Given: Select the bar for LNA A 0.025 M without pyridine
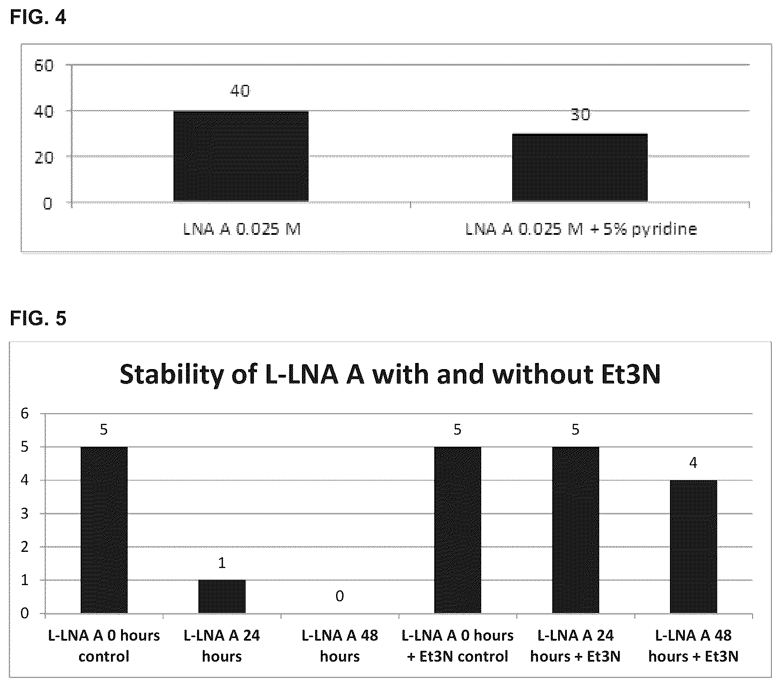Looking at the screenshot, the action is point(241,157).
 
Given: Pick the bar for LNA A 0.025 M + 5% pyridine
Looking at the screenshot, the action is point(580,168).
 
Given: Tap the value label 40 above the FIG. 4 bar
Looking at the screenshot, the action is point(240,91).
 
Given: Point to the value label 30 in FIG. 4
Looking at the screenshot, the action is point(580,114).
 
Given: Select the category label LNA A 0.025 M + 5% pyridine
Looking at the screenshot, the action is point(581,229).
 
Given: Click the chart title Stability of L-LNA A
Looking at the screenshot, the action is point(390,374).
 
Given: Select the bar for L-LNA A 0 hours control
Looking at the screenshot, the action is point(104,530).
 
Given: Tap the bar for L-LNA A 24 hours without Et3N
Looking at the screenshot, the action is point(222,596).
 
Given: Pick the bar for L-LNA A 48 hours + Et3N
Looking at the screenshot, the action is point(693,547).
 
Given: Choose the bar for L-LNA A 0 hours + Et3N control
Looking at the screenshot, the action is point(458,530).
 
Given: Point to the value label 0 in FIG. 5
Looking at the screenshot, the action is point(340,596).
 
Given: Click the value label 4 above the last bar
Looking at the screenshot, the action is point(693,463).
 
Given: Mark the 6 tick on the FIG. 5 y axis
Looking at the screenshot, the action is point(24,414).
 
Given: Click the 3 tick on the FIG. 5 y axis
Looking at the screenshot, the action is point(24,514).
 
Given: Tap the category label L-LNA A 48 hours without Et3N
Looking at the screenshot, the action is point(340,646).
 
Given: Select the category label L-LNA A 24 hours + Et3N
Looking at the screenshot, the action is point(576,646).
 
